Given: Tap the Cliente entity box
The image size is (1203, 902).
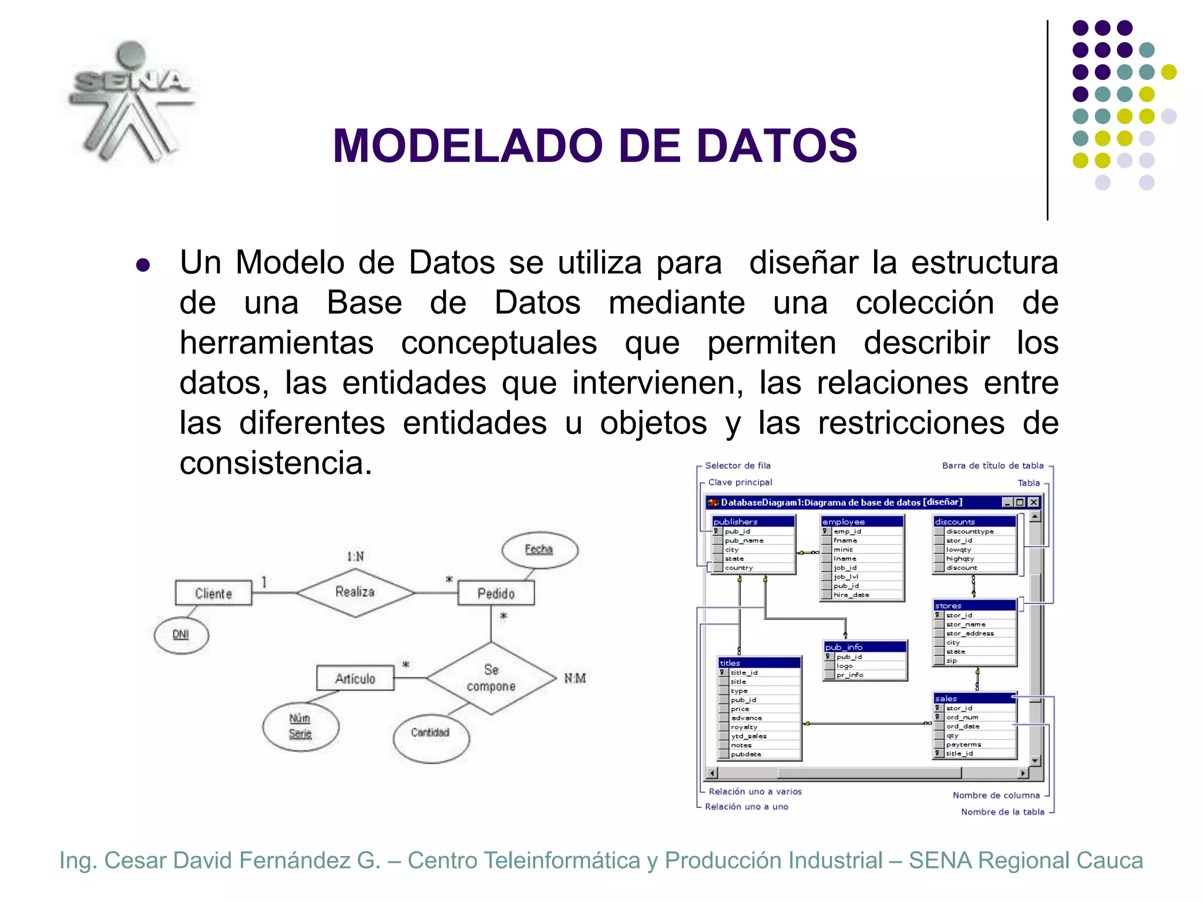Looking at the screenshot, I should tap(214, 593).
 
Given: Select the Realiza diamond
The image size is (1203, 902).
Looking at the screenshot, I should tap(355, 592).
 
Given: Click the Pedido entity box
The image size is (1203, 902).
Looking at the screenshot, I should tap(496, 593).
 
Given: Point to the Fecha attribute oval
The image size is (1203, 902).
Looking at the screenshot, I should tap(539, 550).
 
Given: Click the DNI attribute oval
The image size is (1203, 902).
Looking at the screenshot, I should tap(181, 634).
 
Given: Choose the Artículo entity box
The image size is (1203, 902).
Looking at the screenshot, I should tap(355, 678).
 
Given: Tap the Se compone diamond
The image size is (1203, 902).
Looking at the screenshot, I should tap(491, 678).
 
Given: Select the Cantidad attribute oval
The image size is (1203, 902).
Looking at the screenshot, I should tap(431, 732).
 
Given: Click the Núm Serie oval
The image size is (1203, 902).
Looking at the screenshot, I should tap(300, 726).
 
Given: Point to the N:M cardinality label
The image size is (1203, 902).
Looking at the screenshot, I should tap(575, 678).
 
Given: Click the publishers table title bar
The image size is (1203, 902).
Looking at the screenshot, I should tap(752, 521).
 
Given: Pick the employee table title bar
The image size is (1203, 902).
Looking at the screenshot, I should tap(861, 521).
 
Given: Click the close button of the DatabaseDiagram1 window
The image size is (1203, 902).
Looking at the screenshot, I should tap(1034, 502).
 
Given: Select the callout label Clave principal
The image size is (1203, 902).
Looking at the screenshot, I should tap(740, 482).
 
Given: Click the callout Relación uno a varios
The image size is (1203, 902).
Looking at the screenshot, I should tap(755, 792).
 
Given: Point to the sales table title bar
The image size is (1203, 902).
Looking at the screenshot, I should tap(973, 698).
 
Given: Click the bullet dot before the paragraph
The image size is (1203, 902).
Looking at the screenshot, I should tap(143, 265).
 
